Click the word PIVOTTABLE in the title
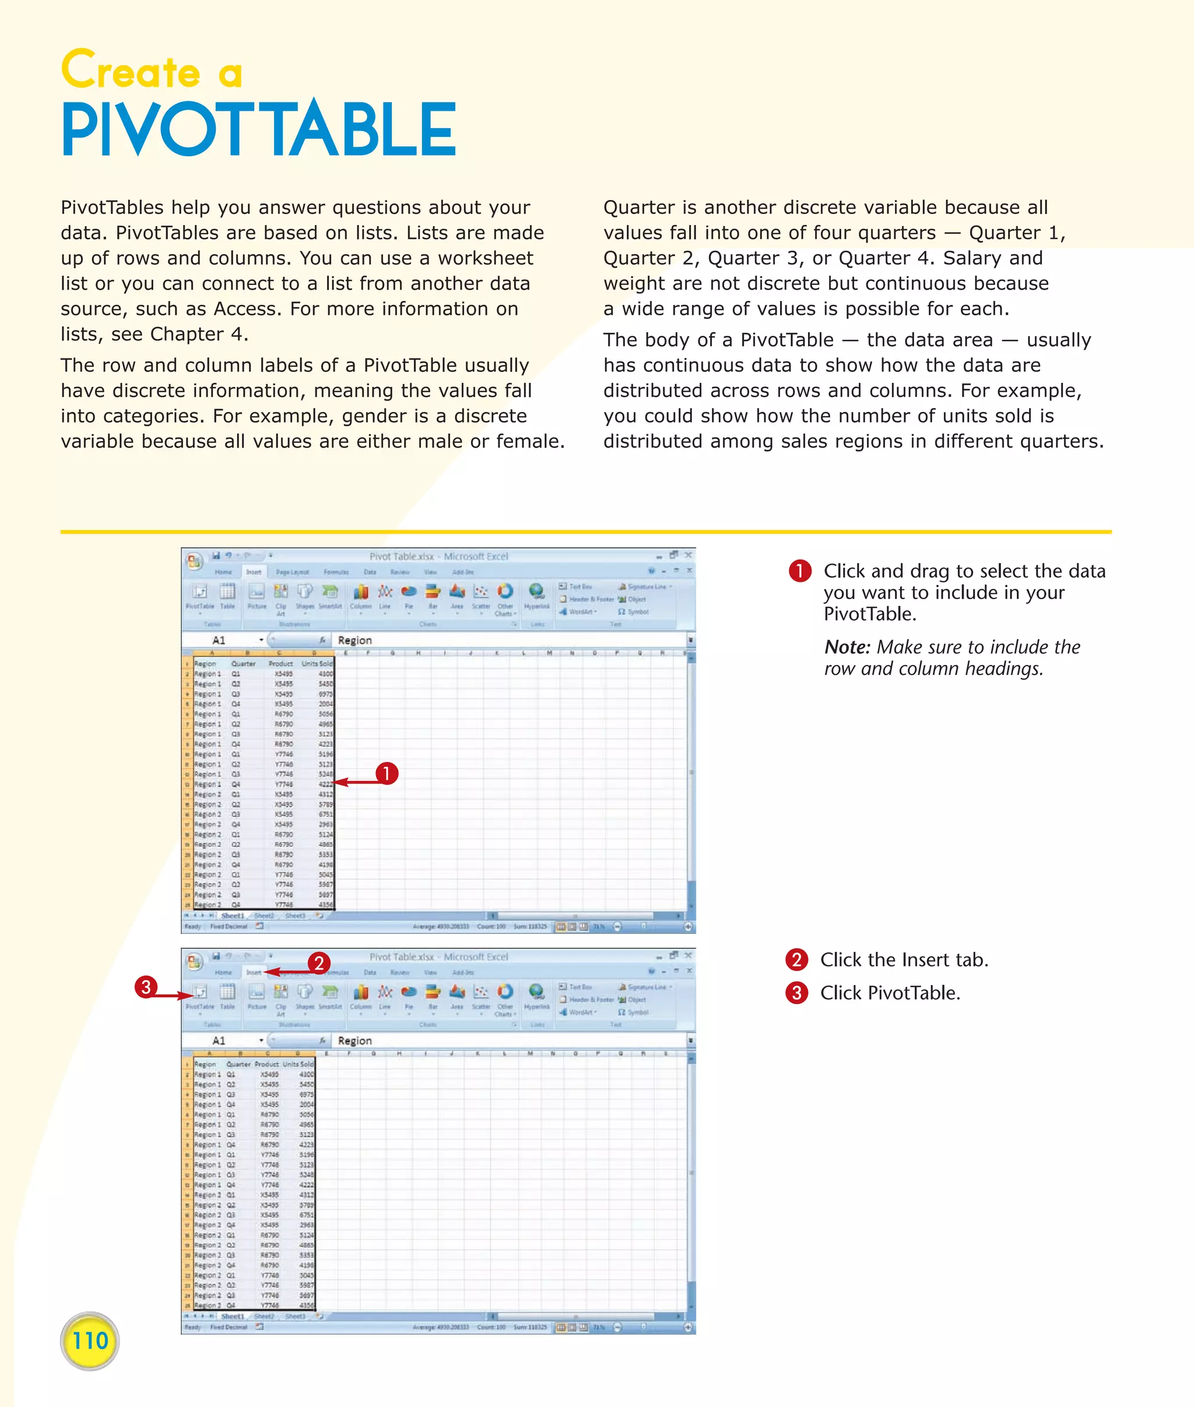click(x=259, y=129)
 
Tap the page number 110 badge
click(x=90, y=1341)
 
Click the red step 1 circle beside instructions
click(x=800, y=571)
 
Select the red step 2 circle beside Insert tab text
click(x=796, y=959)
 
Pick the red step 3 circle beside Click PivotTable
click(x=796, y=993)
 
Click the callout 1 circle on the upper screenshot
click(x=387, y=773)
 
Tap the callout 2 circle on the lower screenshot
click(x=319, y=963)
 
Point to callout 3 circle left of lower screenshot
click(x=146, y=987)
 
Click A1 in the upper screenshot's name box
click(x=219, y=640)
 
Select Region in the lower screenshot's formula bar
click(x=354, y=1041)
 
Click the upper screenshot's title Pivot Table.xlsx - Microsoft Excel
click(x=438, y=556)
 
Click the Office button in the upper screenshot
click(x=194, y=560)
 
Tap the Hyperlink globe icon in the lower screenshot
click(x=536, y=992)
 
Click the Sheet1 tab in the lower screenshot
click(x=232, y=1316)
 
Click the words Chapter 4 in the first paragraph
click(x=198, y=335)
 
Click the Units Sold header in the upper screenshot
click(x=317, y=664)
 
